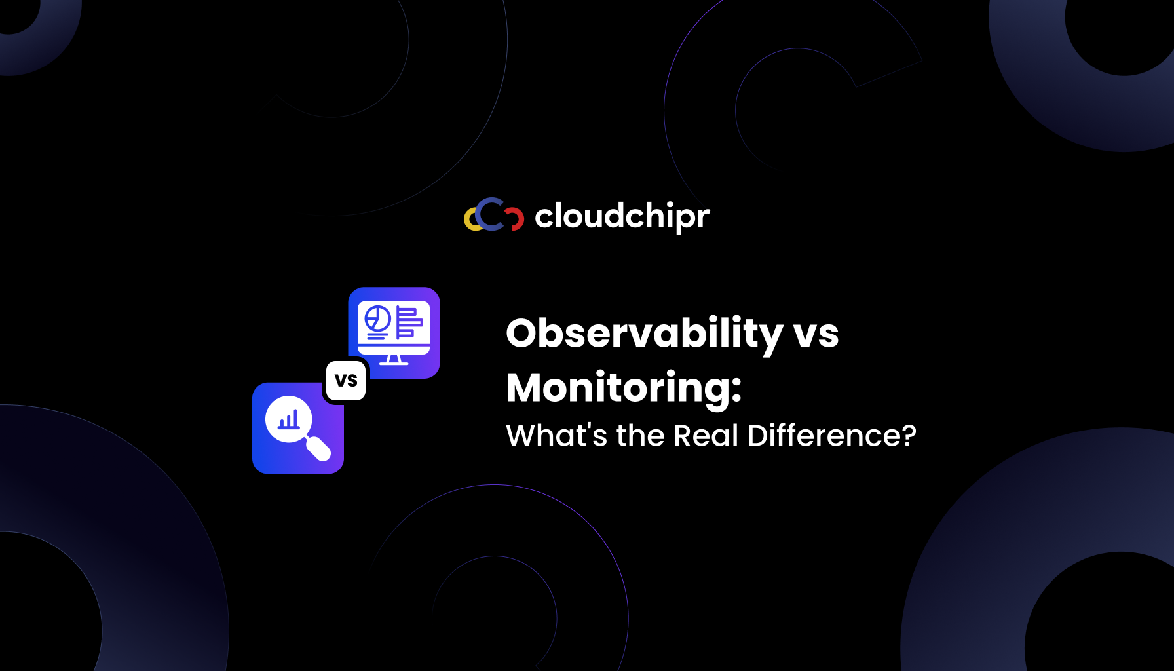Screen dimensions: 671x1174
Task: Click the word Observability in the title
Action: coord(644,334)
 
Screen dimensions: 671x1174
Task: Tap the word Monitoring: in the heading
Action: coord(624,388)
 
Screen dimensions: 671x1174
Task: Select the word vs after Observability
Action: coord(816,334)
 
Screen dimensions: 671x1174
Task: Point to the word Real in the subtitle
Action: coord(706,436)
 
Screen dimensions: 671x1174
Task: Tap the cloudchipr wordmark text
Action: coord(622,216)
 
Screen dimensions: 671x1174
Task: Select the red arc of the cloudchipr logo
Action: coord(517,219)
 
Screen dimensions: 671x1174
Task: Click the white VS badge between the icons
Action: coord(346,381)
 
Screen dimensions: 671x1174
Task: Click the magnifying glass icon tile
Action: coord(298,428)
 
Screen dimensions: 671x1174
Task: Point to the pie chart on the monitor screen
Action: coord(377,319)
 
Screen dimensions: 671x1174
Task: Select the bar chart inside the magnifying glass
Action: coord(288,419)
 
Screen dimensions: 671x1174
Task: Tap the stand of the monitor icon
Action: coord(394,360)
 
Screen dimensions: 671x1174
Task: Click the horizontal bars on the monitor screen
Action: coord(409,322)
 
